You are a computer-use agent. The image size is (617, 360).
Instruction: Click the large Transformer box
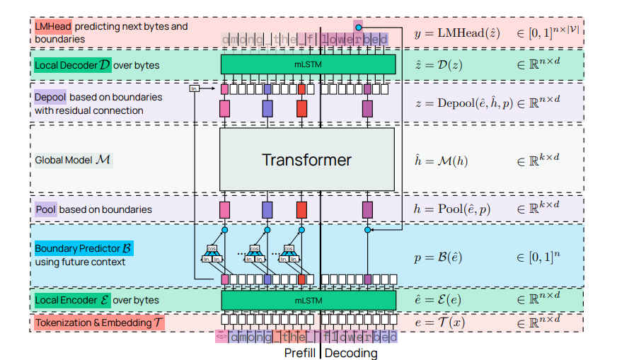tap(306, 159)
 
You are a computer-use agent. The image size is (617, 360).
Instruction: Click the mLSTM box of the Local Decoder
tap(306, 64)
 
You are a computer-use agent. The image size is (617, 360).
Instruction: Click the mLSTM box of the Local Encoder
tap(306, 300)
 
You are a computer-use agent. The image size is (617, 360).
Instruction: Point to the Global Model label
tap(73, 160)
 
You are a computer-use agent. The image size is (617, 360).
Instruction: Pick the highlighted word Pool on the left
tap(45, 209)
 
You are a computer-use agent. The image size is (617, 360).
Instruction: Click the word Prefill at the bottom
tap(300, 352)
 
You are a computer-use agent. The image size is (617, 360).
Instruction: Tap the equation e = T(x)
tap(442, 323)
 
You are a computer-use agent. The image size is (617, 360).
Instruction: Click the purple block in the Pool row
tap(367, 209)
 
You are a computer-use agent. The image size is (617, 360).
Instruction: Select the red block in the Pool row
tap(301, 209)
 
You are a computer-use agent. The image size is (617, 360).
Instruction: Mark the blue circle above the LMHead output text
tap(359, 26)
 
